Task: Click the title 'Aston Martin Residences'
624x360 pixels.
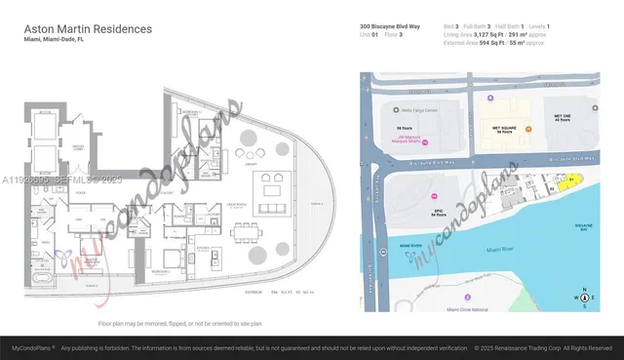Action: (x=87, y=29)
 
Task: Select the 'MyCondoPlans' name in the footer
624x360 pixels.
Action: (x=32, y=347)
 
